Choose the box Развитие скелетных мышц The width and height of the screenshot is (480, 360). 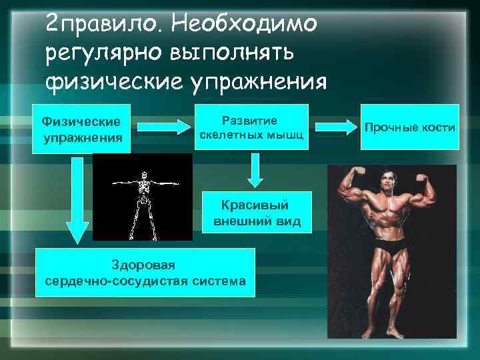click(x=251, y=127)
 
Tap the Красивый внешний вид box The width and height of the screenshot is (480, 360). click(x=257, y=213)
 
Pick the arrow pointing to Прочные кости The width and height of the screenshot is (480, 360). click(x=336, y=125)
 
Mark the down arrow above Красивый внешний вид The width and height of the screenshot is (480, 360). click(x=254, y=171)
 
